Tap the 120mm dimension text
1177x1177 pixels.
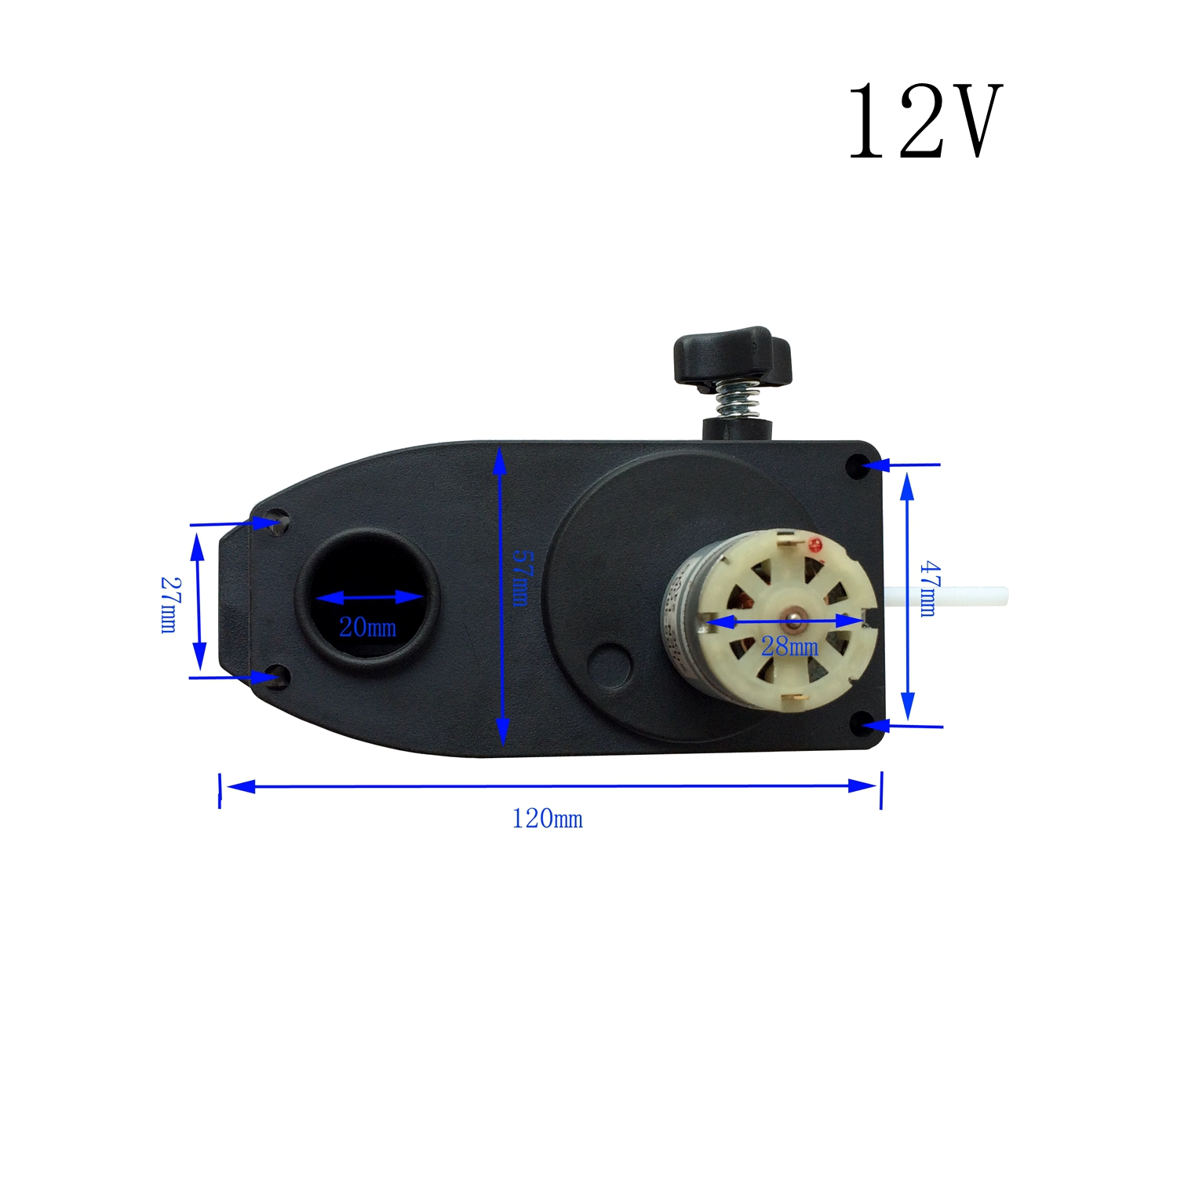pyautogui.click(x=547, y=819)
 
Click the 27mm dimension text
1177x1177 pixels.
pyautogui.click(x=169, y=604)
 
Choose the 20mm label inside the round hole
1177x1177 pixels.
pyautogui.click(x=367, y=627)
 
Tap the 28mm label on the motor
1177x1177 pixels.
pyautogui.click(x=789, y=647)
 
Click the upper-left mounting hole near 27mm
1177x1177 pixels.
pyautogui.click(x=277, y=522)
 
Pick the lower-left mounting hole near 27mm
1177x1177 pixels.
pyautogui.click(x=276, y=676)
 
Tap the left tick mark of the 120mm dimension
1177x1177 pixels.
pyautogui.click(x=220, y=789)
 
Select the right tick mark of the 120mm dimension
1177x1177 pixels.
pyautogui.click(x=881, y=789)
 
